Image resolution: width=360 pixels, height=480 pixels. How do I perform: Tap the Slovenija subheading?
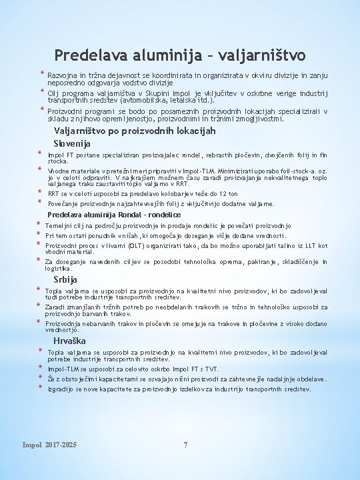pos(72,143)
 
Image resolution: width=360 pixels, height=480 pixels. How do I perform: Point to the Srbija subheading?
pos(65,279)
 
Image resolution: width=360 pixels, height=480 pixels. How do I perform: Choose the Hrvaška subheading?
pos(69,341)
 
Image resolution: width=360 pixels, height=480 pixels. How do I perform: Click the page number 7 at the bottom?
pos(185,445)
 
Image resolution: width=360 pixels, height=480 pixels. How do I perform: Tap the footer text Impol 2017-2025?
pos(49,445)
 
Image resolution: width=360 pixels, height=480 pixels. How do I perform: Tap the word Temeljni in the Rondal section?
pos(58,225)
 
